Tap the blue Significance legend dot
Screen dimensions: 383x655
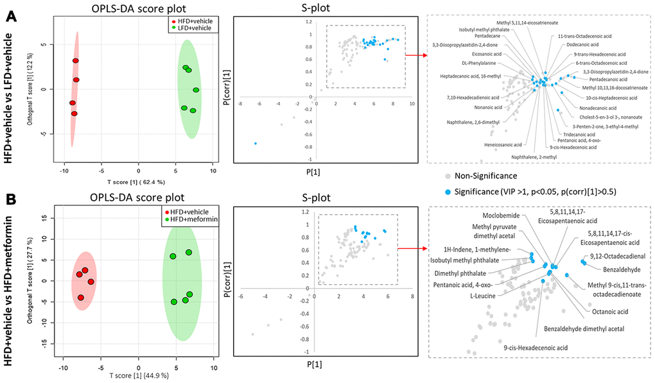tap(447, 191)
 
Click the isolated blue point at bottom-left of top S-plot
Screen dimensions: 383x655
tap(256, 143)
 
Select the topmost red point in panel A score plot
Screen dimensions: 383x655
tap(75, 61)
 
